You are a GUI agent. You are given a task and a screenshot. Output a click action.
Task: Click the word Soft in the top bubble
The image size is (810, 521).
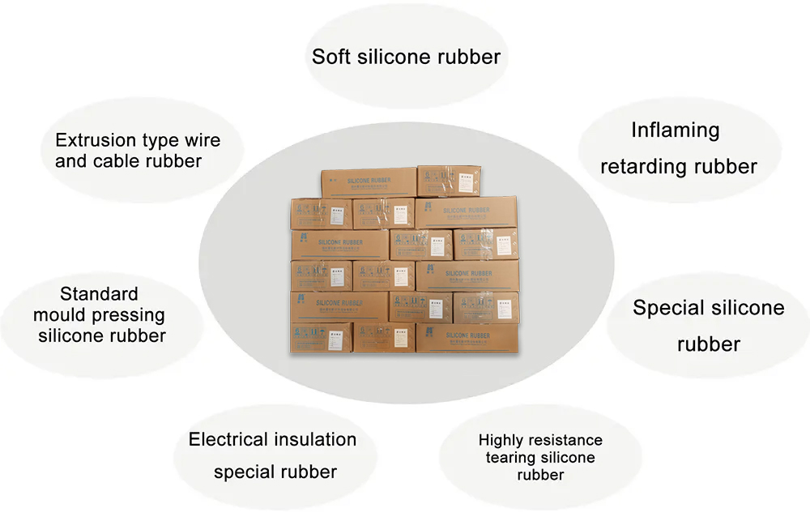point(333,57)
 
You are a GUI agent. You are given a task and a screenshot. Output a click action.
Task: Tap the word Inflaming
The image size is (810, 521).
point(675,130)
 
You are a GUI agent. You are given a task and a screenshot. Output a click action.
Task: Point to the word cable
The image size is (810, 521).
point(117,160)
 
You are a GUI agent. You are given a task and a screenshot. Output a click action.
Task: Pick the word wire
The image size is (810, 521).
point(202,140)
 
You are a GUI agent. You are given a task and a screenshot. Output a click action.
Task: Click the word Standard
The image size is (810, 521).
point(99,293)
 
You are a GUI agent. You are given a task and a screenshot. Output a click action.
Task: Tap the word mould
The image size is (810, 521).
point(60,314)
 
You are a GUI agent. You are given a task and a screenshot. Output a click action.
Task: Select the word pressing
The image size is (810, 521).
point(128,315)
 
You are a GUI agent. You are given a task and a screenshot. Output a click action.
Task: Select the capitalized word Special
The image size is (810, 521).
point(667,308)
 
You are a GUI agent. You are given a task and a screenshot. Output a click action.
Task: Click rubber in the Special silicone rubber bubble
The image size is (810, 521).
point(709,344)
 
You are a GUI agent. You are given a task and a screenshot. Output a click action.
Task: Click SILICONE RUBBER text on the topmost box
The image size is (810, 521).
point(369,181)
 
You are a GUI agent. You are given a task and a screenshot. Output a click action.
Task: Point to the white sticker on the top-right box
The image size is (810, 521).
point(447,180)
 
